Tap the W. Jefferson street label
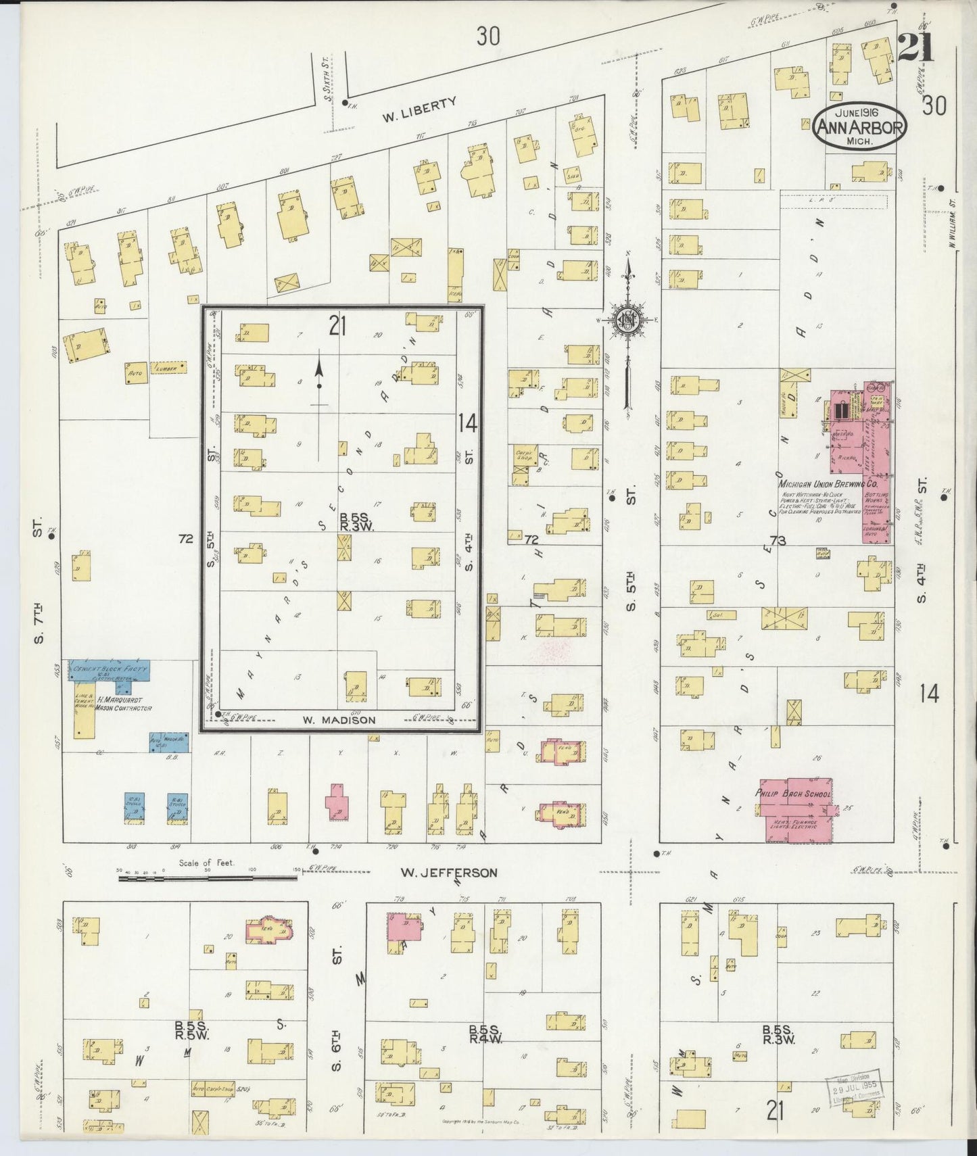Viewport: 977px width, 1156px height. pyautogui.click(x=448, y=873)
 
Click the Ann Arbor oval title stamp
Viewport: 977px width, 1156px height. pyautogui.click(x=859, y=127)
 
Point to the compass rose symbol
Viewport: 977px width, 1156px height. pyautogui.click(x=627, y=320)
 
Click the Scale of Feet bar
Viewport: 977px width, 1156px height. pyautogui.click(x=207, y=878)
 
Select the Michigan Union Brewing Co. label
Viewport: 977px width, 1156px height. pyautogui.click(x=828, y=485)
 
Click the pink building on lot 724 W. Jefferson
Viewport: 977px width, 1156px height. pyautogui.click(x=337, y=803)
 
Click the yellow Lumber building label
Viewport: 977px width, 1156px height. pyautogui.click(x=166, y=369)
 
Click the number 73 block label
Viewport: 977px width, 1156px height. pyautogui.click(x=778, y=540)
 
